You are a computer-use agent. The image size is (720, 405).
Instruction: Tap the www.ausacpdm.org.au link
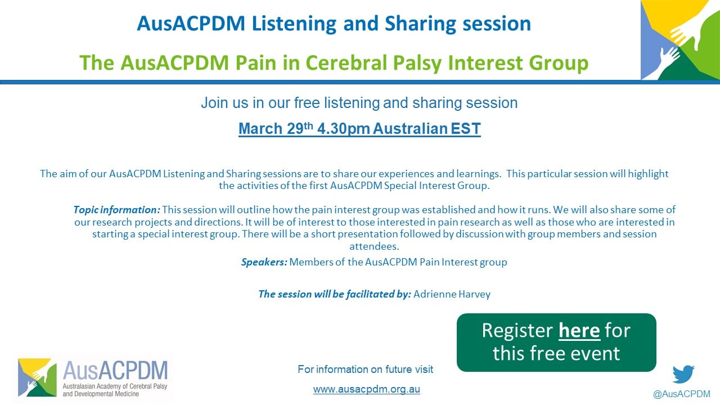[x=366, y=389]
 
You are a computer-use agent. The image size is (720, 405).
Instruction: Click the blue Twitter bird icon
[x=683, y=374]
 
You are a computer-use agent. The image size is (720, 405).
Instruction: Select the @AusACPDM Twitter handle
[x=681, y=394]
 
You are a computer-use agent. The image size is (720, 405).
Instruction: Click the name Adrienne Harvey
[x=452, y=294]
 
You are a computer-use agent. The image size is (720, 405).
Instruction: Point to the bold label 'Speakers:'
[x=264, y=262]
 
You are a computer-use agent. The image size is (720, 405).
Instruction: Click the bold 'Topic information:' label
[x=116, y=210]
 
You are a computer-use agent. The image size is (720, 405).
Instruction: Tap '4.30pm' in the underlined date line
[x=343, y=129]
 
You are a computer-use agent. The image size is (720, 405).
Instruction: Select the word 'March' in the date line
[x=260, y=129]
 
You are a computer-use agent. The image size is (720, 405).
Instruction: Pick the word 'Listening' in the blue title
[x=294, y=24]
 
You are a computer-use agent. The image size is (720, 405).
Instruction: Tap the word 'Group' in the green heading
[x=559, y=62]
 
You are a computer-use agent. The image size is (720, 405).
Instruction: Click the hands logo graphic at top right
[x=680, y=40]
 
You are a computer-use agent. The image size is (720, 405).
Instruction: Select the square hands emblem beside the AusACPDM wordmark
[x=37, y=377]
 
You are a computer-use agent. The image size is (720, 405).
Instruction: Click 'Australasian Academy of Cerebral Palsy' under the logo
[x=115, y=386]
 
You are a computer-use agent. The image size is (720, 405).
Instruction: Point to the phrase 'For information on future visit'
[x=366, y=370]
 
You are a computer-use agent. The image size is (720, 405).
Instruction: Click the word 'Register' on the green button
[x=517, y=331]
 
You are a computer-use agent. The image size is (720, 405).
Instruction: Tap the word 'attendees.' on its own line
[x=374, y=246]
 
